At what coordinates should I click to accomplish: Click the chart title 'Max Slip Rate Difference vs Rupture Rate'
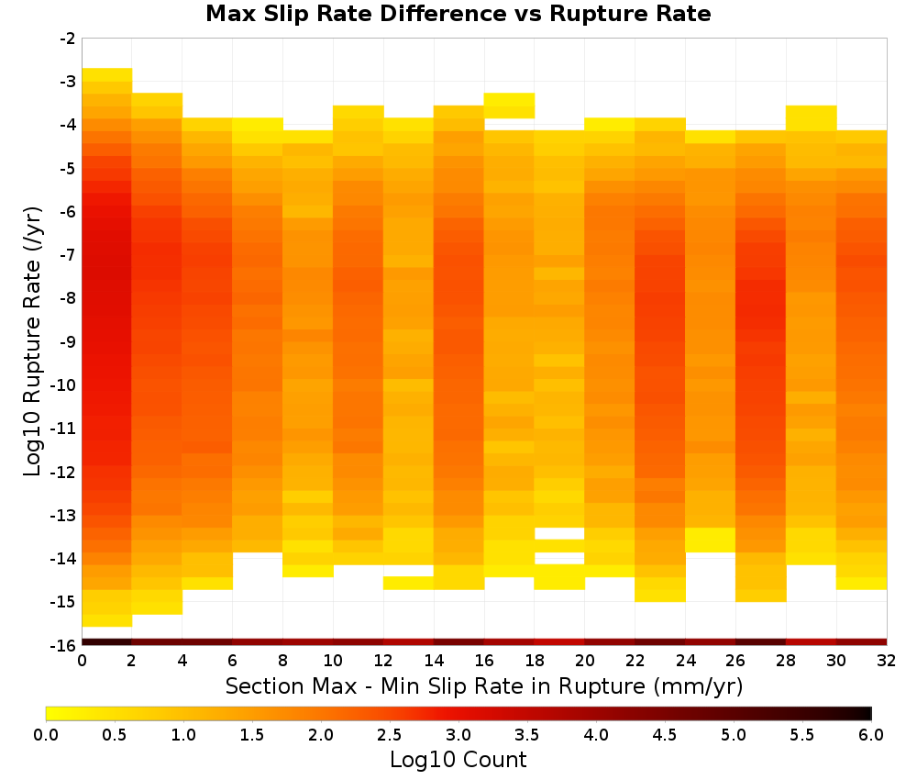tap(458, 14)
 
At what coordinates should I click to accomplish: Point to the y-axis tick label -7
tap(68, 255)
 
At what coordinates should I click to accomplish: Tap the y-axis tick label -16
tap(64, 645)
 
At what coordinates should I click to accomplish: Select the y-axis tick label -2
tap(68, 39)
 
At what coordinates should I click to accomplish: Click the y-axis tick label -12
tap(64, 472)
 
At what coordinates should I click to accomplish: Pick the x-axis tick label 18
tap(535, 661)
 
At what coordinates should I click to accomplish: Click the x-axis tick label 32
tap(887, 661)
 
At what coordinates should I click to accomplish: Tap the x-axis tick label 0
tap(82, 661)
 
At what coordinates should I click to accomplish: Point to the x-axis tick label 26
tap(735, 661)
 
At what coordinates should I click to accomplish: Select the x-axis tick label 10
tap(334, 661)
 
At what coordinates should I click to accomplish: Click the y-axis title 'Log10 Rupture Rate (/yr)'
tap(33, 341)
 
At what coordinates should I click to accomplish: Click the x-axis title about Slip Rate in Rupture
tap(484, 686)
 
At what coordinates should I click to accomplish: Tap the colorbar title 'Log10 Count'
tap(458, 760)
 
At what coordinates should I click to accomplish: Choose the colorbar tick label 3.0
tap(458, 735)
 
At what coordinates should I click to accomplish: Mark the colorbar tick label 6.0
tap(871, 735)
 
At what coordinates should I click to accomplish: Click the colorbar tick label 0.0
tap(46, 735)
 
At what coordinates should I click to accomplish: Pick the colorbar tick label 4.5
tap(664, 735)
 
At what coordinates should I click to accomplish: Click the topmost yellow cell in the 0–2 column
tap(107, 74)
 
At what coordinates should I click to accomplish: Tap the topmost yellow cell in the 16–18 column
tap(509, 106)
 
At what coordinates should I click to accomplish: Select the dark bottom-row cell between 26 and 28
tap(761, 642)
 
